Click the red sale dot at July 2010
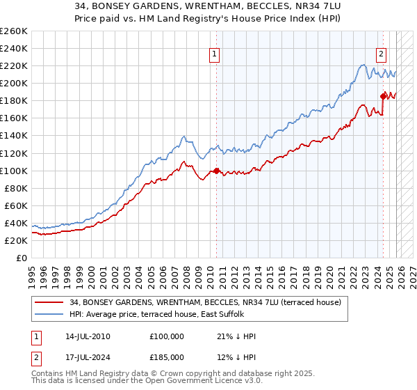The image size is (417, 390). coord(216,170)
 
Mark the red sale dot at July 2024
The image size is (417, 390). coord(383,96)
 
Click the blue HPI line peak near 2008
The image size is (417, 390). coord(183,136)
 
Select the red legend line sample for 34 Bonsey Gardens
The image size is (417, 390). coord(50,303)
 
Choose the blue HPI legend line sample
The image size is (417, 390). coord(50,315)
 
